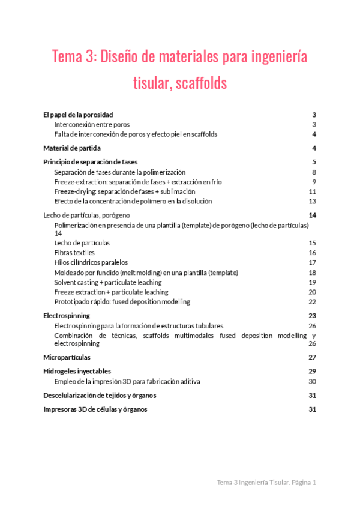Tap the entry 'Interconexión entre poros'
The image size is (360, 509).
click(x=91, y=124)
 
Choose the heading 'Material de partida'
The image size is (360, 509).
click(x=72, y=148)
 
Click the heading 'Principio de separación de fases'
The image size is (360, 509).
click(x=90, y=162)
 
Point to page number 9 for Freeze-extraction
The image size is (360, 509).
click(x=314, y=182)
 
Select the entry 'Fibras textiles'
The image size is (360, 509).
click(x=74, y=253)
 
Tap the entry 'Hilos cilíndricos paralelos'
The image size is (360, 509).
click(x=91, y=262)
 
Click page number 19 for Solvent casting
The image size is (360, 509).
click(x=312, y=282)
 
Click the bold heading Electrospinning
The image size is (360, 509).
click(x=67, y=315)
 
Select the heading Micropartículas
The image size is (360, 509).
click(x=66, y=357)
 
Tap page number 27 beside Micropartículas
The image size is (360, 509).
click(x=312, y=357)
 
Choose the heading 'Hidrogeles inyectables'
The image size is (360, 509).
click(x=77, y=371)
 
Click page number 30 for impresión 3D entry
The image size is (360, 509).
click(x=312, y=381)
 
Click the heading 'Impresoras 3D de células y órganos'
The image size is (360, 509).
click(x=95, y=409)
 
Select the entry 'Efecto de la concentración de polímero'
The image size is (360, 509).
click(x=133, y=201)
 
